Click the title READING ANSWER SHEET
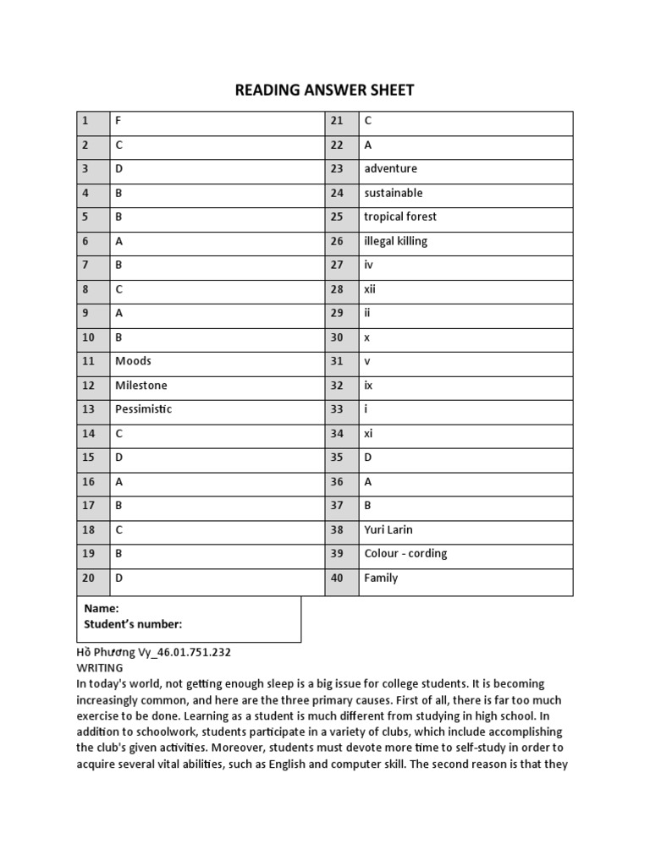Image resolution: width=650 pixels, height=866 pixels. pyautogui.click(x=324, y=90)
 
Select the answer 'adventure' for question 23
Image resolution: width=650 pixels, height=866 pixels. pyautogui.click(x=390, y=168)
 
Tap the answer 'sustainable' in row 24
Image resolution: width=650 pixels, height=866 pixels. pyautogui.click(x=393, y=193)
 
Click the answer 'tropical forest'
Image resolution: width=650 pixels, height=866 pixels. pyautogui.click(x=399, y=216)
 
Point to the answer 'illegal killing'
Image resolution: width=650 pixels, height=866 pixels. pyautogui.click(x=395, y=241)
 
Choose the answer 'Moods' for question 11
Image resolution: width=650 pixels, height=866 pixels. pyautogui.click(x=133, y=361)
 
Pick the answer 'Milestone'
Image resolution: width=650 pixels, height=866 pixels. pyautogui.click(x=140, y=386)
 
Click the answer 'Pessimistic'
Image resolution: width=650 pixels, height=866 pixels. pyautogui.click(x=143, y=409)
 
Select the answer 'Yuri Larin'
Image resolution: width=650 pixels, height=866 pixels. pyautogui.click(x=388, y=530)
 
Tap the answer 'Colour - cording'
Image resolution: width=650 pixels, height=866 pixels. pyautogui.click(x=405, y=554)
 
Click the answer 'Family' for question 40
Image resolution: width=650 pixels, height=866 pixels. pyautogui.click(x=381, y=578)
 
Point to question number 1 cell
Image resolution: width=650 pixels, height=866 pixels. pyautogui.click(x=85, y=121)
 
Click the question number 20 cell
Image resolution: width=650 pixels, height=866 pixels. pyautogui.click(x=89, y=578)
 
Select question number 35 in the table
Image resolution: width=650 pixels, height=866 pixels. pyautogui.click(x=338, y=458)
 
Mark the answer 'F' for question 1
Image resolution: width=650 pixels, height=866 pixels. pyautogui.click(x=118, y=121)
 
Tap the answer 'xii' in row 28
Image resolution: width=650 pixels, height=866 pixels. pyautogui.click(x=370, y=289)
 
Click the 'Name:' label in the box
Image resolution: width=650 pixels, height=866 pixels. pyautogui.click(x=101, y=609)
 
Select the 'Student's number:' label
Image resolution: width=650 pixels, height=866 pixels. pyautogui.click(x=133, y=625)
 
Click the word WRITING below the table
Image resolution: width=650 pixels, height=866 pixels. pyautogui.click(x=99, y=668)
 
